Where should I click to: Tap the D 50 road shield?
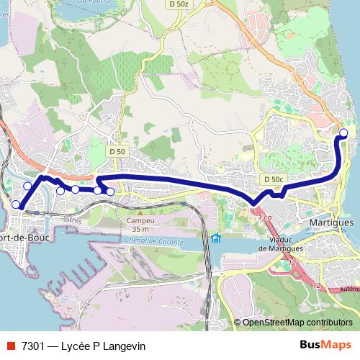(118, 151)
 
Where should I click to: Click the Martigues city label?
(330, 223)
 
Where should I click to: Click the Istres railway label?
(72, 220)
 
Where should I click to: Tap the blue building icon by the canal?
(215, 238)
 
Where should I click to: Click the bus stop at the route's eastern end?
(343, 132)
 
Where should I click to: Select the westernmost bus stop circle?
(16, 204)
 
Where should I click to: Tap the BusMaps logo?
(326, 346)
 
